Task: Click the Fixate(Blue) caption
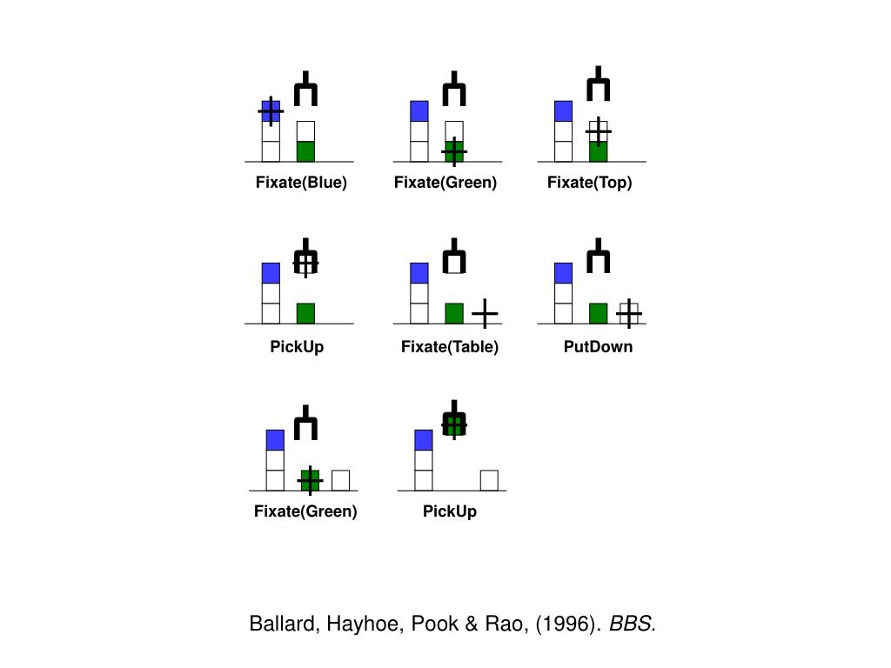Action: coord(301,183)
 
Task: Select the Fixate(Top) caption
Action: coord(589,183)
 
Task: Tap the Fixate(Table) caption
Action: coord(450,347)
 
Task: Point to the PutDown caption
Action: coord(598,347)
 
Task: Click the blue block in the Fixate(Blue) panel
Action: coord(271,111)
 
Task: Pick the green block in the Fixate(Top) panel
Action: coord(598,152)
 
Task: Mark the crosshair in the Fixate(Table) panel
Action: coord(485,313)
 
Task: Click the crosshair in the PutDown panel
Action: coord(628,313)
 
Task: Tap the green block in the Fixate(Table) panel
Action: coord(453,313)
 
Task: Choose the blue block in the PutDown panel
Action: coord(563,272)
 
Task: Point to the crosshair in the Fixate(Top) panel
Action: coord(598,131)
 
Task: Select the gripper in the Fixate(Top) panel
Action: coord(598,85)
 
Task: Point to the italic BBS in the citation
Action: coord(632,625)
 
